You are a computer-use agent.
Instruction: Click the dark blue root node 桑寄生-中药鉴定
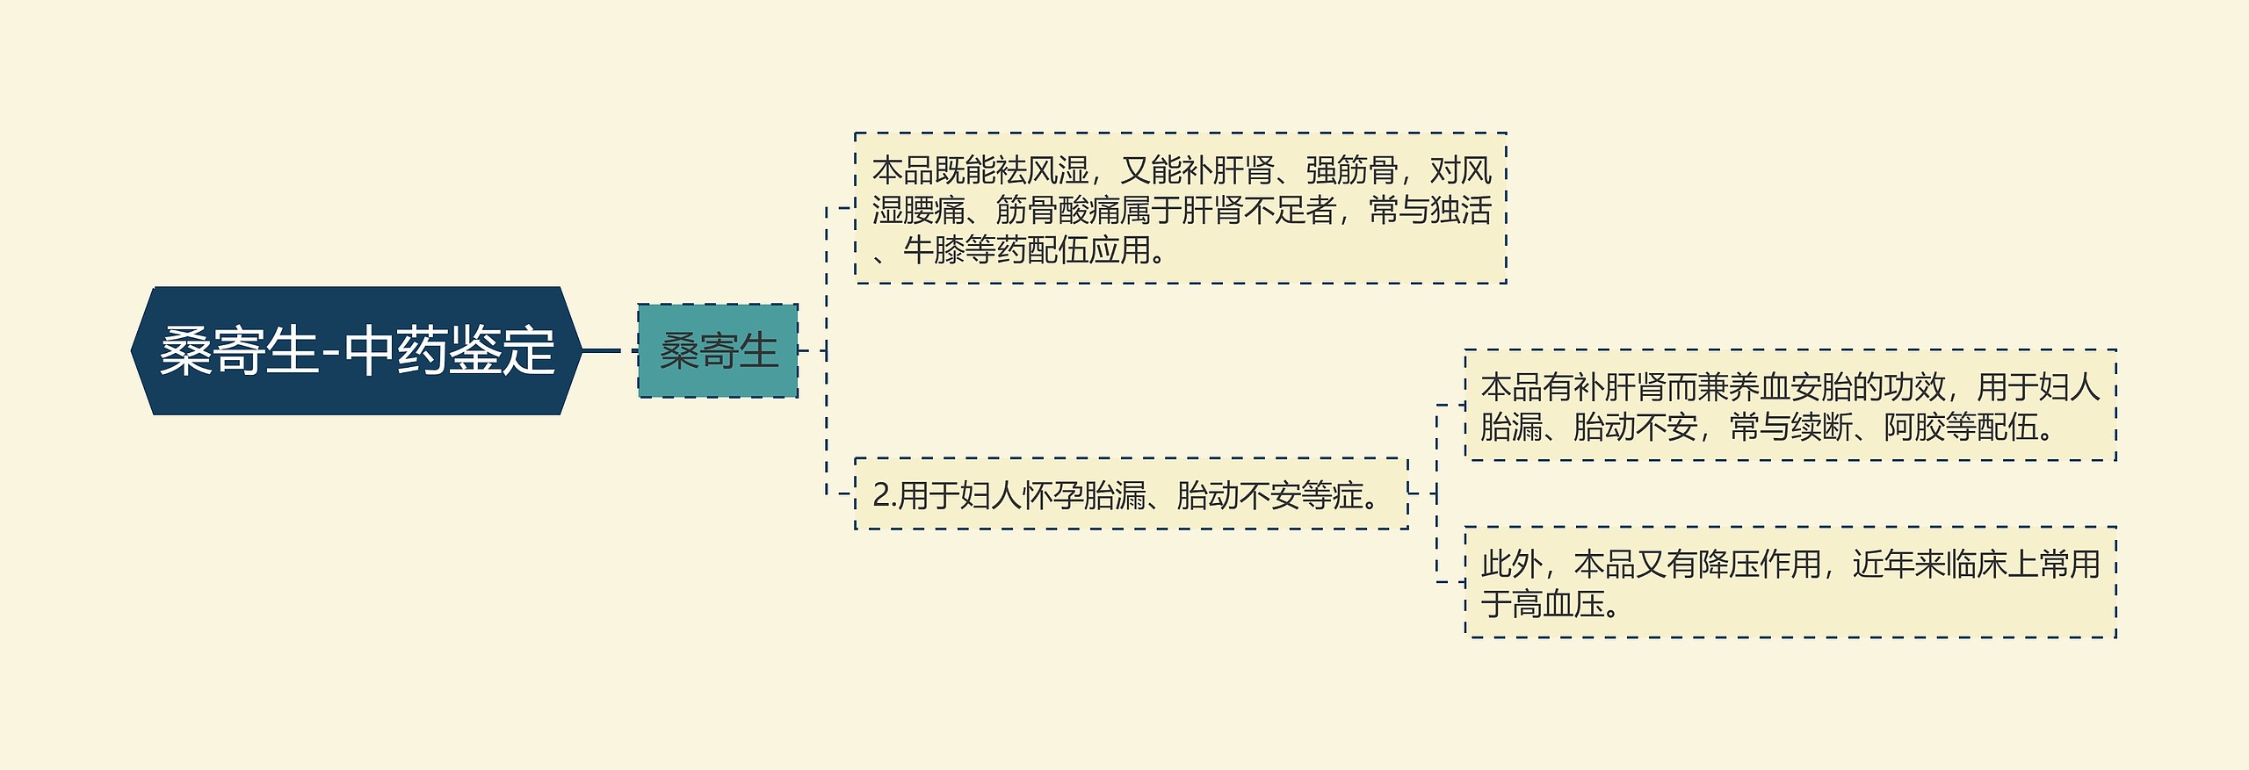pyautogui.click(x=356, y=350)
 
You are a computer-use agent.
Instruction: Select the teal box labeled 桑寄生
pyautogui.click(x=718, y=350)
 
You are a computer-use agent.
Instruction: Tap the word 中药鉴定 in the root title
pyautogui.click(x=449, y=351)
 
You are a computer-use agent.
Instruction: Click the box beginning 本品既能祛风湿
pyautogui.click(x=1181, y=208)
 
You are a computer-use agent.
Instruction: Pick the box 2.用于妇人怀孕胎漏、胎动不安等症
pyautogui.click(x=1132, y=493)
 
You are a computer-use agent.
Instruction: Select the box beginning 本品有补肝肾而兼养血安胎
pyautogui.click(x=1790, y=405)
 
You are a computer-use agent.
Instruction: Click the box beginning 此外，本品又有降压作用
pyautogui.click(x=1790, y=582)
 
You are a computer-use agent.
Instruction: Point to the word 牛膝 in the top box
pyautogui.click(x=934, y=250)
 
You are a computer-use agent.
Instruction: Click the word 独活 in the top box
pyautogui.click(x=1461, y=210)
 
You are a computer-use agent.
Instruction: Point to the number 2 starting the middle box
pyautogui.click(x=881, y=495)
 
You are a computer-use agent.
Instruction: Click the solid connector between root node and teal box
pyautogui.click(x=602, y=350)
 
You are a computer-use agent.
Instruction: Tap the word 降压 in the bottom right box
pyautogui.click(x=1728, y=564)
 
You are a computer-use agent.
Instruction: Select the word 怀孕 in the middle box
pyautogui.click(x=1052, y=495)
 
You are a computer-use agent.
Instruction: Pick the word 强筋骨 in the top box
pyautogui.click(x=1352, y=169)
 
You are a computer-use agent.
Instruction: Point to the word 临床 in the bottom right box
pyautogui.click(x=1977, y=564)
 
